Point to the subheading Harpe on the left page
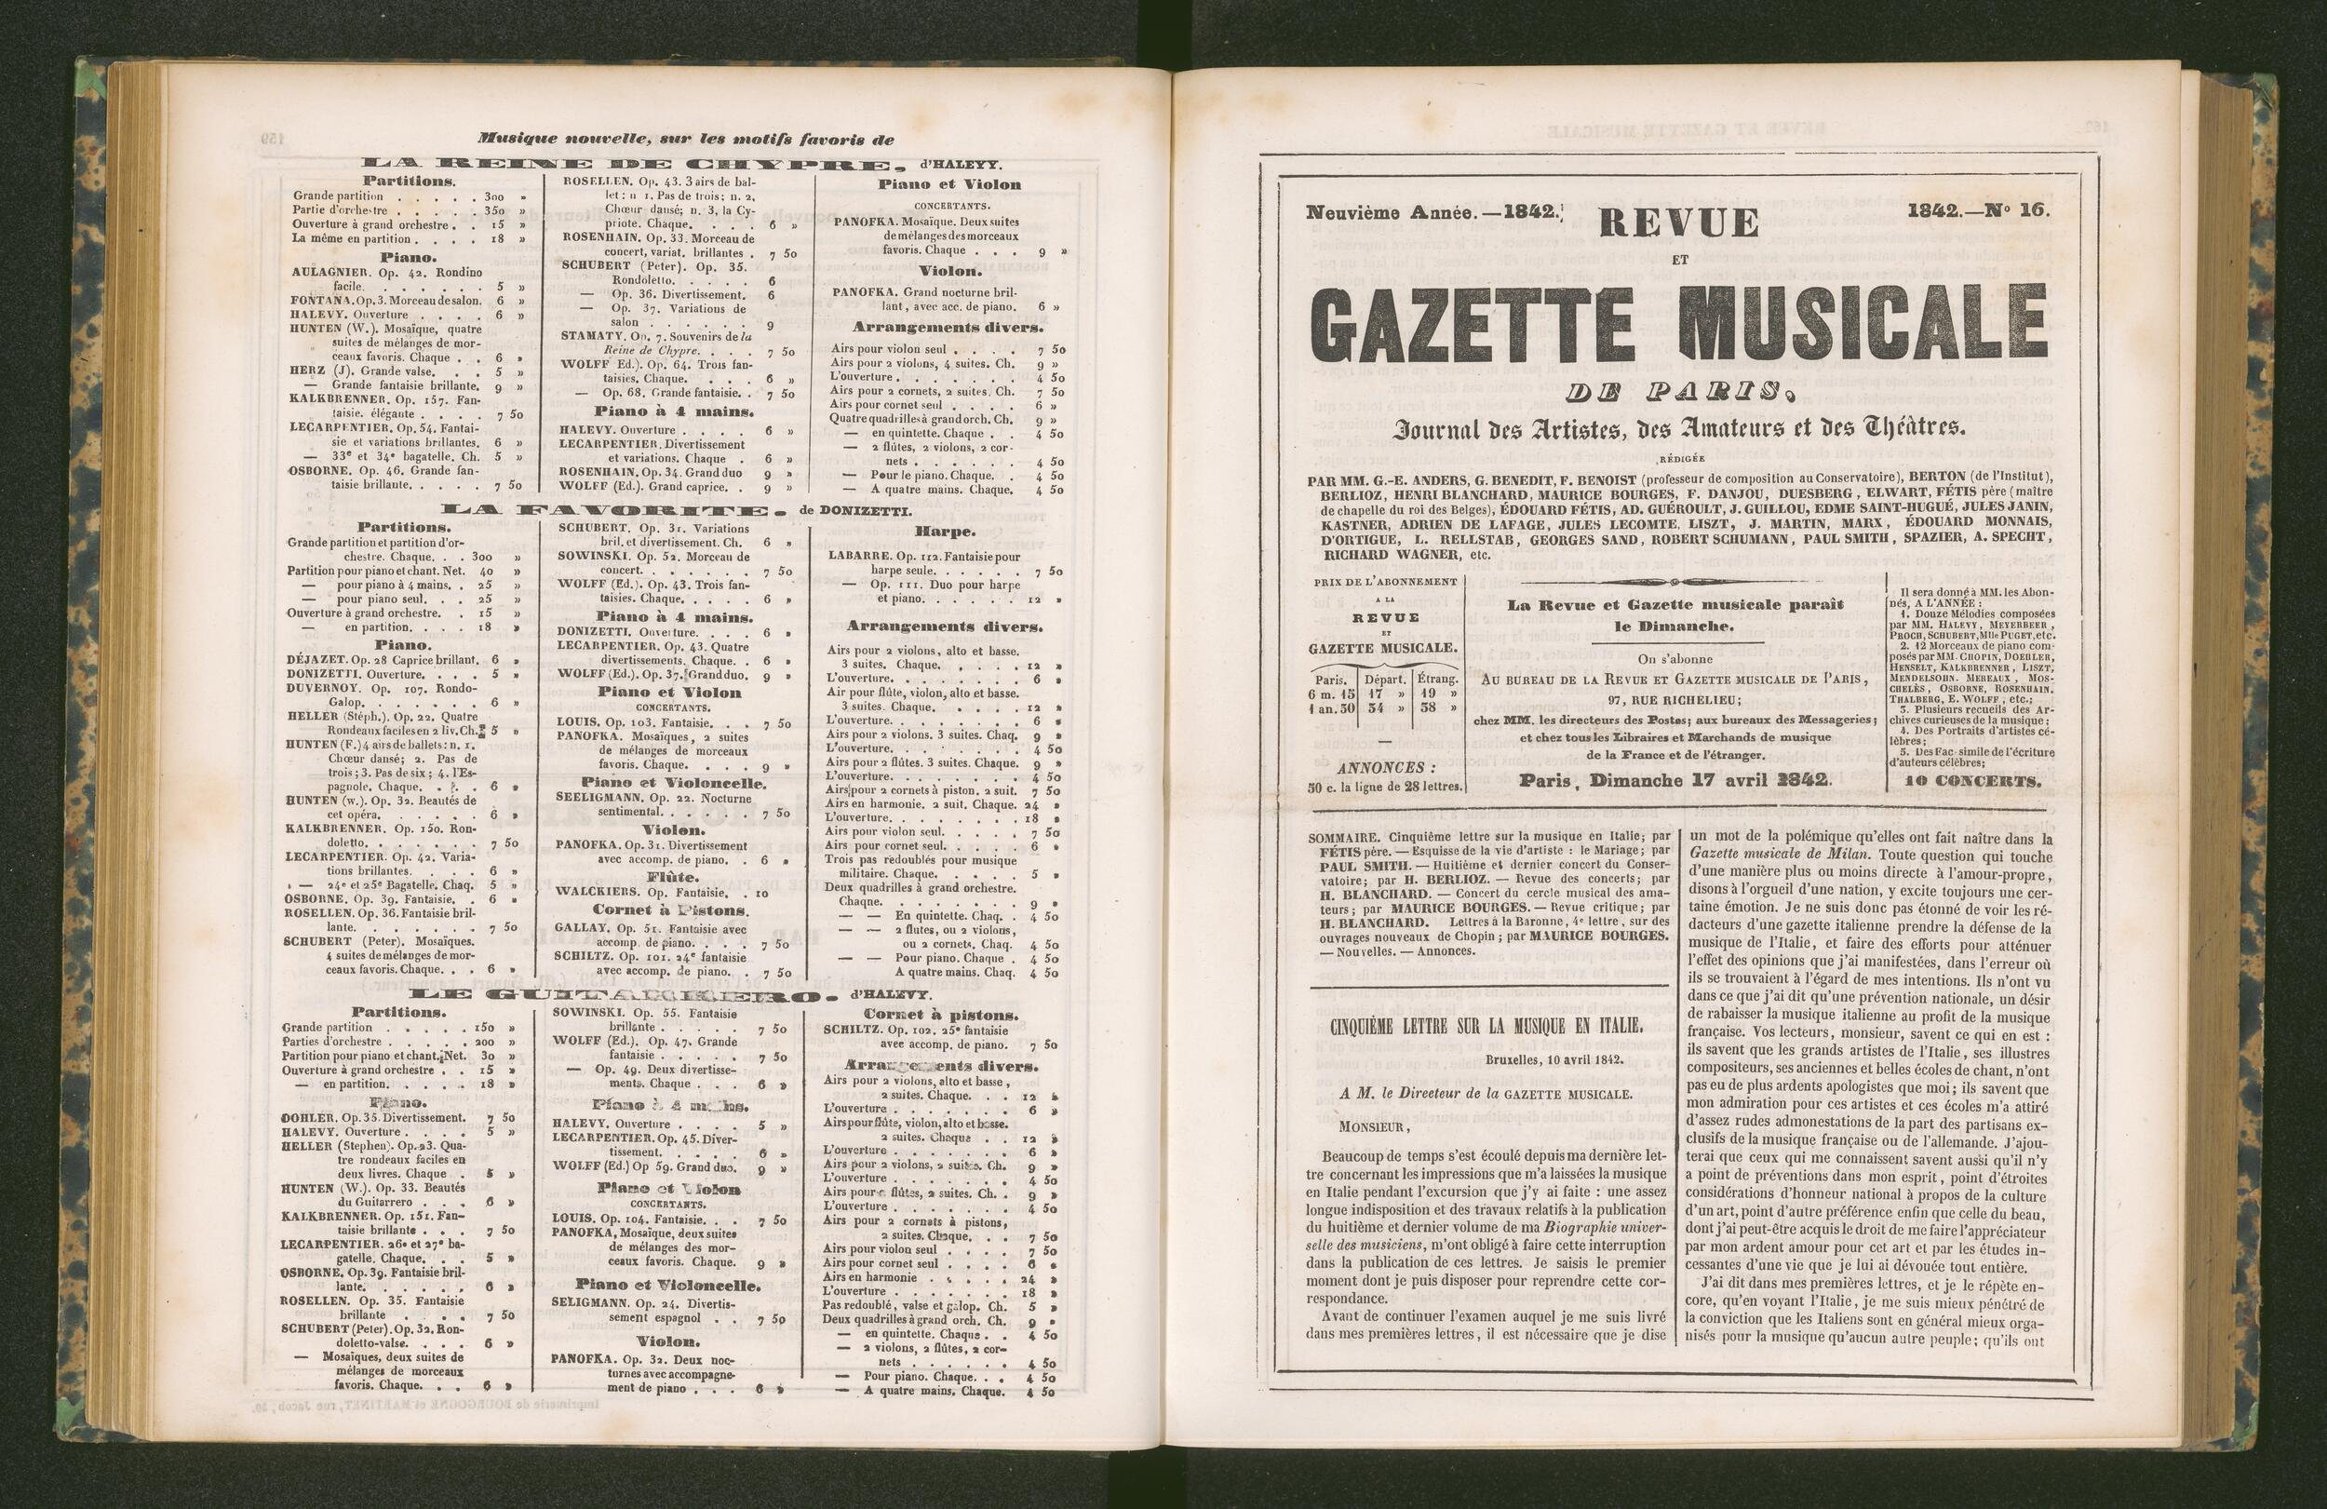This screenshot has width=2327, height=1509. [x=945, y=532]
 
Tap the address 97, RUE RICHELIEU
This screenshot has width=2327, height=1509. [x=1681, y=699]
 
